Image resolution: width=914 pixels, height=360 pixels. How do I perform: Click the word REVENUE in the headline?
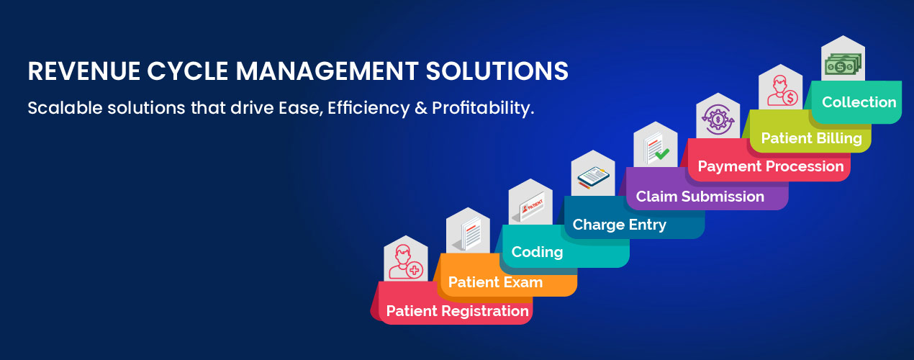point(83,71)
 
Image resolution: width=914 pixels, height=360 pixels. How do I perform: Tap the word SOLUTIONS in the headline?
point(497,71)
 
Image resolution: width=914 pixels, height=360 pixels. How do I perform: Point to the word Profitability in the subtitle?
point(483,108)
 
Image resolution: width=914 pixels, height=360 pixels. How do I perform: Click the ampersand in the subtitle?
point(421,108)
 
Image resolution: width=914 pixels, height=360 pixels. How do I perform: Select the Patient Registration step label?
point(458,311)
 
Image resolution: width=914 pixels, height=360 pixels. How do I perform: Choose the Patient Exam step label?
point(495,282)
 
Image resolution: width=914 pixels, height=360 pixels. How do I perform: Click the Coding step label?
point(537,252)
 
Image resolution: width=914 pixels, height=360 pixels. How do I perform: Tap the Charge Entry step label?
point(620,225)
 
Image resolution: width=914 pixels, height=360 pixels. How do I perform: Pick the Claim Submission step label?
point(700,197)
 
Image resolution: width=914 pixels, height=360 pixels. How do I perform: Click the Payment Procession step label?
point(771,166)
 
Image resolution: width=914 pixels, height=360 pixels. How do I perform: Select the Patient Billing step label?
point(812,138)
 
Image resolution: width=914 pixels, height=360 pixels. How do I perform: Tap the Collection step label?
point(859,102)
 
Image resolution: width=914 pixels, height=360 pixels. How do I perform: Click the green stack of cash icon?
point(843,64)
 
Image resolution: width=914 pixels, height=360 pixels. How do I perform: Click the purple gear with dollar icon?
point(718,120)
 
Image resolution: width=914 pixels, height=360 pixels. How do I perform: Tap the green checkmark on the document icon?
point(662,154)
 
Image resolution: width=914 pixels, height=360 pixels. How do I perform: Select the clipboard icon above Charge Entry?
point(593,178)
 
